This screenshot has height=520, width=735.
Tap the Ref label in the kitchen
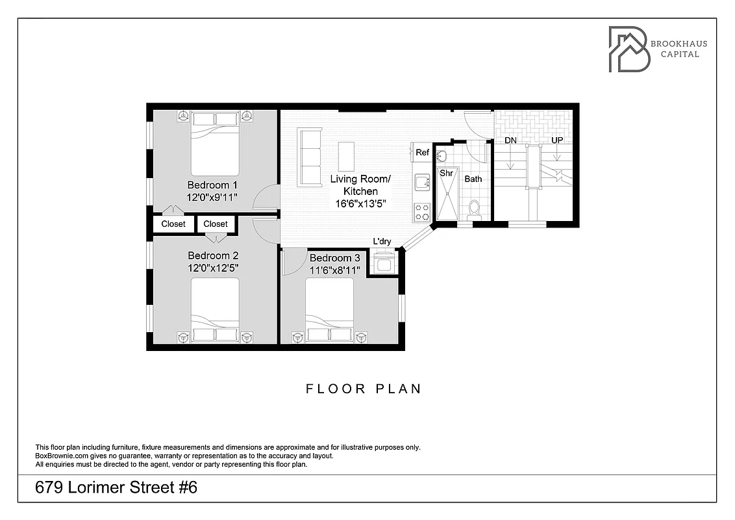pyautogui.click(x=423, y=153)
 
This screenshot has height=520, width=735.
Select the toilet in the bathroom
pyautogui.click(x=474, y=209)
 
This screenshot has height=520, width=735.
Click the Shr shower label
pyautogui.click(x=446, y=174)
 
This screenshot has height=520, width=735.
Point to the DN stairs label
pyautogui.click(x=511, y=140)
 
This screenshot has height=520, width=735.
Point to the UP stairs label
pyautogui.click(x=557, y=140)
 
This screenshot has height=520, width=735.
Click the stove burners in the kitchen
pyautogui.click(x=422, y=211)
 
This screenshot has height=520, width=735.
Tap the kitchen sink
pyautogui.click(x=423, y=181)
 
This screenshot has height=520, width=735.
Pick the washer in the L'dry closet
pyautogui.click(x=382, y=264)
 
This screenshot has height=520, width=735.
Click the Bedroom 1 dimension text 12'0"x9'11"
pyautogui.click(x=213, y=197)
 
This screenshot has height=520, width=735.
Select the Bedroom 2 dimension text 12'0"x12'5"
pyautogui.click(x=213, y=268)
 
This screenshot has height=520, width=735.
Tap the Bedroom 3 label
pyautogui.click(x=334, y=258)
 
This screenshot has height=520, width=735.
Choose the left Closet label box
pyautogui.click(x=173, y=224)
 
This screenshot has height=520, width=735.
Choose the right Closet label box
pyautogui.click(x=216, y=224)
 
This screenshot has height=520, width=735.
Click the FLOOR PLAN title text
pyautogui.click(x=364, y=389)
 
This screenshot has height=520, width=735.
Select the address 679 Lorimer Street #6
pyautogui.click(x=117, y=487)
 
